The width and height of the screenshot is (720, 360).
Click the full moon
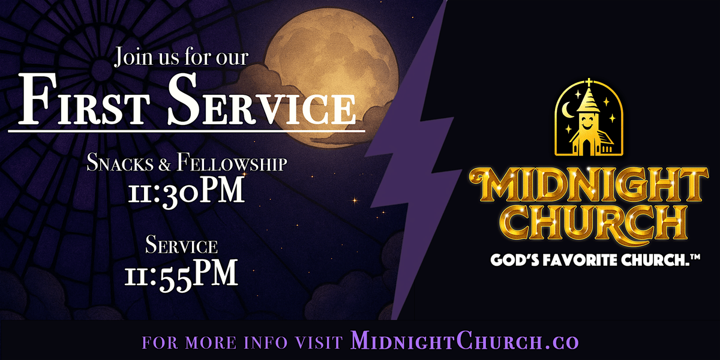[331, 77]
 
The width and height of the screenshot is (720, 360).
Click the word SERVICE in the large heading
[262, 99]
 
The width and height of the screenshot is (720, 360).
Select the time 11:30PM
[186, 191]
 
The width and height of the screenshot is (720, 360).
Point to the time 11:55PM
[181, 275]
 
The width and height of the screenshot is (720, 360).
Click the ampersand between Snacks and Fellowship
[164, 164]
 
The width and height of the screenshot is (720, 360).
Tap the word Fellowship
[232, 163]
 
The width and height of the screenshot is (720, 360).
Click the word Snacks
[120, 163]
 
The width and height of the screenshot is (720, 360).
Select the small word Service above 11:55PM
[181, 245]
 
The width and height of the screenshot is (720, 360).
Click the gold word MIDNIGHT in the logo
[588, 185]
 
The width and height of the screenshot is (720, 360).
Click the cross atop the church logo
[589, 83]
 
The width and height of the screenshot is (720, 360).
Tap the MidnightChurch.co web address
[464, 341]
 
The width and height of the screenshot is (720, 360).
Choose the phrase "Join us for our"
[182, 57]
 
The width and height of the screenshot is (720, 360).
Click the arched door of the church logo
[586, 147]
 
